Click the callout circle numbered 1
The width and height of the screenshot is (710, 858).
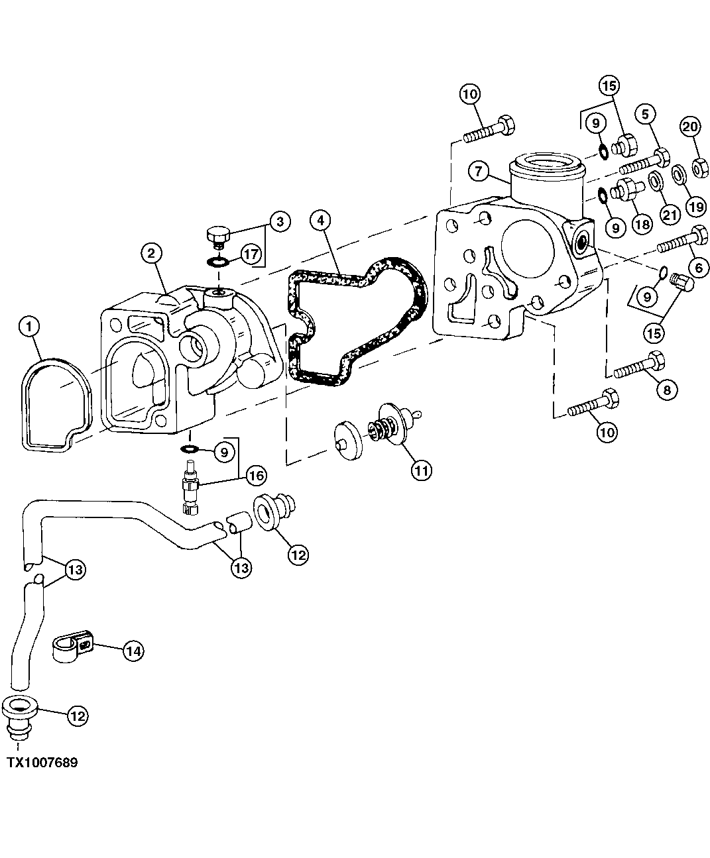click(x=31, y=325)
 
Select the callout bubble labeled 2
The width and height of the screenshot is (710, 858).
click(x=151, y=252)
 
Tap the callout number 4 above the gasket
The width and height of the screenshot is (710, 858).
click(x=320, y=220)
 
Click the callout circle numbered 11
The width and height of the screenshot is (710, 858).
click(x=420, y=470)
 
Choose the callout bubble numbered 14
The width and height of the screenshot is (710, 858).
click(x=133, y=651)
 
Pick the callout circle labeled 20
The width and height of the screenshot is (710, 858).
click(x=689, y=127)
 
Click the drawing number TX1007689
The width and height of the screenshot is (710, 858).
click(x=42, y=763)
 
